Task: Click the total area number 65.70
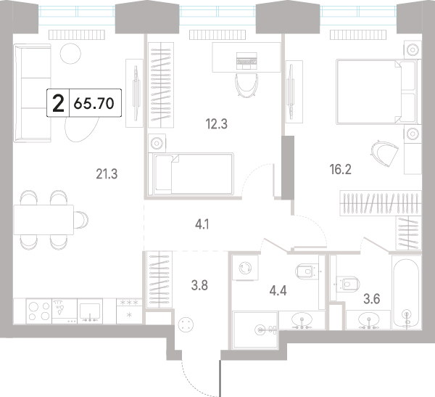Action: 94,103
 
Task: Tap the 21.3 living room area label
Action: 107,174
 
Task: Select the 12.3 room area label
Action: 216,124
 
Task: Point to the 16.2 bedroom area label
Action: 341,169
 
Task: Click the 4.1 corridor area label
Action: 202,224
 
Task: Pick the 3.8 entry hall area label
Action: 199,285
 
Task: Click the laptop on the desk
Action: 246,61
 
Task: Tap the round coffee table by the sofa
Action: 71,54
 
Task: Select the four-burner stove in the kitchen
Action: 39,311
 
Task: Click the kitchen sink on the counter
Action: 90,311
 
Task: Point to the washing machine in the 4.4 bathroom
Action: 245,268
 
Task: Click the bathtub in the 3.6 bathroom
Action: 406,293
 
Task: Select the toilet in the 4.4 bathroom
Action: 307,270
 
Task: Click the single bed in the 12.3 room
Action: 191,174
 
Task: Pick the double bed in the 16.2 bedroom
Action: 378,91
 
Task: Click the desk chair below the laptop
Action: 246,86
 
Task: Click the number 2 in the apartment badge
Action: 58,103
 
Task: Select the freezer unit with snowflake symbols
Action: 129,311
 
